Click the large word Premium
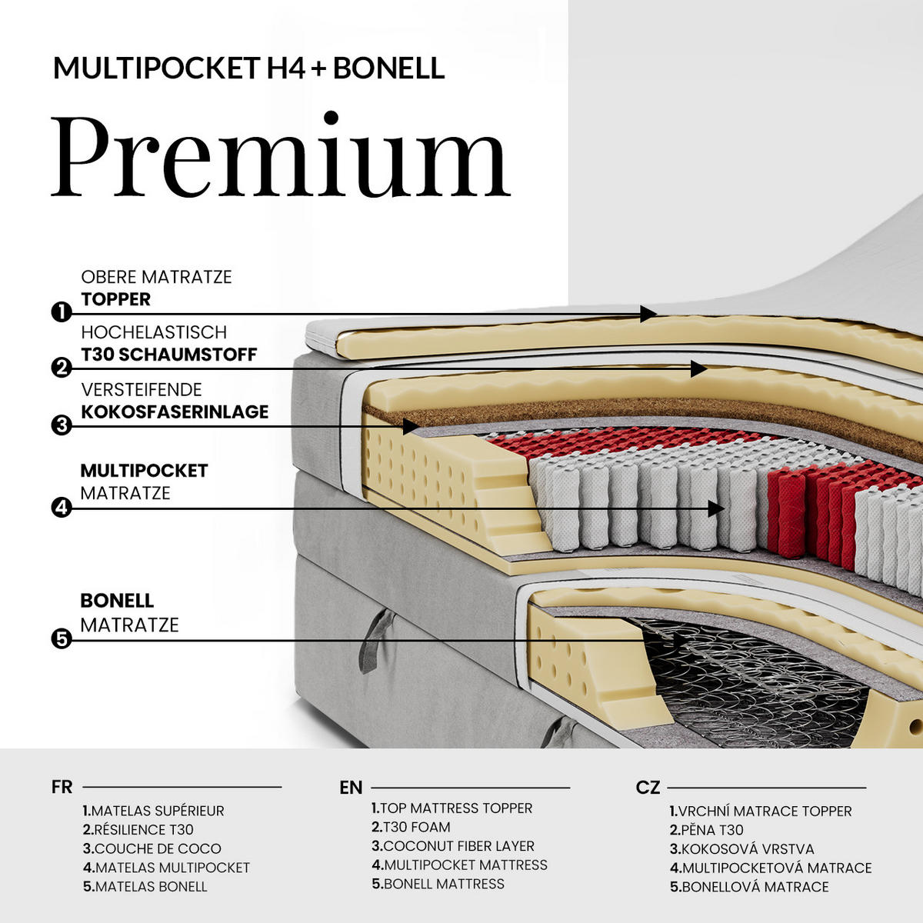coord(280,155)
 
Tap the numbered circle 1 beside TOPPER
coord(62,313)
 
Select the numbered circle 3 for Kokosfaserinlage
coord(62,425)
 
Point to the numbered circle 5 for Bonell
coord(62,639)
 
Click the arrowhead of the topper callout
coord(648,314)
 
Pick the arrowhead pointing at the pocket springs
coord(716,508)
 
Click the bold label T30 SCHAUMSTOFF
coord(169,355)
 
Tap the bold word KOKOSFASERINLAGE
coord(175,412)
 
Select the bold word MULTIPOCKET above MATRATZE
coord(144,471)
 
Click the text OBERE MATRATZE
coord(156,277)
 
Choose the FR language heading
coord(62,787)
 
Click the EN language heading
coord(351,788)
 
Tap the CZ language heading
coord(648,788)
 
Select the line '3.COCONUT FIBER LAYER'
coord(452,846)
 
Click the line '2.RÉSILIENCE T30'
coord(138,830)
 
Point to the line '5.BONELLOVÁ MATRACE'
coord(749,887)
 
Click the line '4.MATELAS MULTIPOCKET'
coord(166,868)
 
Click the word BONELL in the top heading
coord(389,68)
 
